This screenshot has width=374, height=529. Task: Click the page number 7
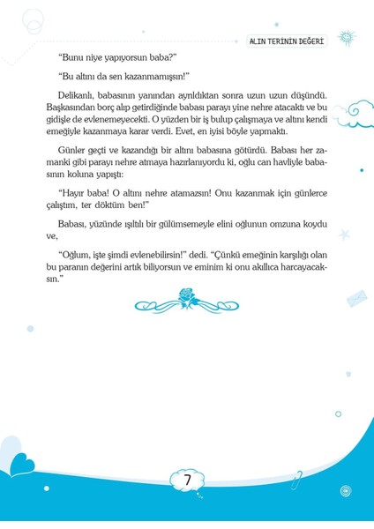tap(187, 481)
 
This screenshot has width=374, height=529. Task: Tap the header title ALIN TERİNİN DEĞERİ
tap(287, 41)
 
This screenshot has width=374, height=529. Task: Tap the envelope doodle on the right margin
tap(356, 298)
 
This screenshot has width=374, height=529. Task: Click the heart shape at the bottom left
tap(19, 465)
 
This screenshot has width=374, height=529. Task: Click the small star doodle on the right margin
tap(344, 235)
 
